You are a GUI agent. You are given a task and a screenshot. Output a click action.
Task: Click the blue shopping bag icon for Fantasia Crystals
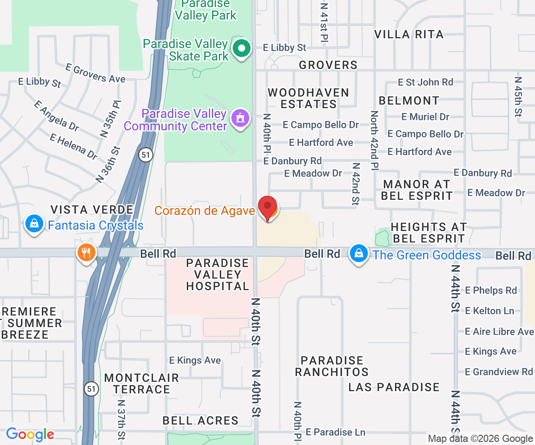tap(34, 224)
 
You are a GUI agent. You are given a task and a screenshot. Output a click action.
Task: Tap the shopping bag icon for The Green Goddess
tap(358, 254)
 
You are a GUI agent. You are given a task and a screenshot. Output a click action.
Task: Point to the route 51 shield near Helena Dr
tap(145, 155)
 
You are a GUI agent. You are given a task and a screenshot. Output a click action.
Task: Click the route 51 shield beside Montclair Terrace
tap(91, 388)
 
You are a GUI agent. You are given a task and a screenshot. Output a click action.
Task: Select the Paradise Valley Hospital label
tap(218, 275)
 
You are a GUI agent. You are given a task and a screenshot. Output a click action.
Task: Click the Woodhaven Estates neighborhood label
tap(308, 98)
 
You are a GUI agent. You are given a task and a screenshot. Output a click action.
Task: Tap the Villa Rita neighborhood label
tap(409, 34)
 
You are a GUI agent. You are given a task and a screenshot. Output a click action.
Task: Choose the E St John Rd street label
tap(425, 82)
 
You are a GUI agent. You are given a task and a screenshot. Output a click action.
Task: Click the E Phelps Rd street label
tap(491, 290)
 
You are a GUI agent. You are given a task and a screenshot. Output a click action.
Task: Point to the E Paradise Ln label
tap(336, 432)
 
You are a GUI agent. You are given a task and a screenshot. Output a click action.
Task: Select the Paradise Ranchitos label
tap(332, 366)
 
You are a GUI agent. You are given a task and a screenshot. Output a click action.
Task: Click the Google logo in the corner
tap(30, 434)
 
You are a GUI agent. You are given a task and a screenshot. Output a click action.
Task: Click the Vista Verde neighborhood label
tap(92, 210)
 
